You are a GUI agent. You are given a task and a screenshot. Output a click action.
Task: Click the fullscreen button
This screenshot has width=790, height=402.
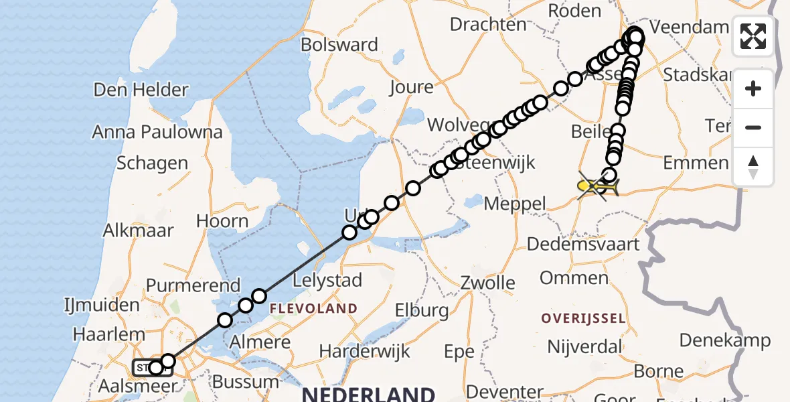point(753,36)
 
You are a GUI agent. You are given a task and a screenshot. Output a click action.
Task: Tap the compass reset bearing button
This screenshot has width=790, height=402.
point(753,166)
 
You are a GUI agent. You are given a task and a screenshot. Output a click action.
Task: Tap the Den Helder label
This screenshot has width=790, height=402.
point(141,90)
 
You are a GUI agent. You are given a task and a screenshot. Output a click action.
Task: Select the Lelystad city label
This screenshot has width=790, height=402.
point(327,280)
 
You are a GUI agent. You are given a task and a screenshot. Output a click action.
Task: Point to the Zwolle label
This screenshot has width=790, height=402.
point(487,283)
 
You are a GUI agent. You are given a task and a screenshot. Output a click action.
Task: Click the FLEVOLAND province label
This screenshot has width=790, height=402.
point(313,309)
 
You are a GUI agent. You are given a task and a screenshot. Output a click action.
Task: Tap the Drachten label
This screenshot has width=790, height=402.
point(488,25)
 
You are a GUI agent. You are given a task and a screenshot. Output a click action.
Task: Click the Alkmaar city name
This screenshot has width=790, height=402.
point(138,230)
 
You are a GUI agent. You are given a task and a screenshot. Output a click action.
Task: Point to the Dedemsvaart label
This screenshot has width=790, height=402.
point(583,244)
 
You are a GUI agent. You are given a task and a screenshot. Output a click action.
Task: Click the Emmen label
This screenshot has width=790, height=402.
point(695,163)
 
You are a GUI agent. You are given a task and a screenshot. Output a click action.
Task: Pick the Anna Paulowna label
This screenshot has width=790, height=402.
point(157,132)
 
